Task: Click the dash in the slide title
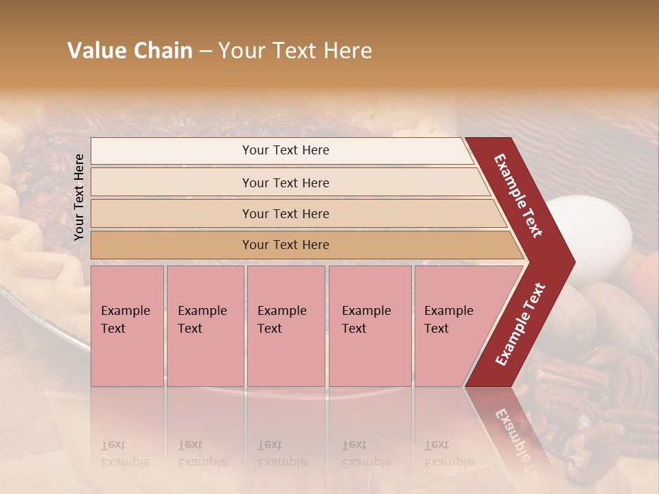(x=205, y=51)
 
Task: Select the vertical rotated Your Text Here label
(x=79, y=197)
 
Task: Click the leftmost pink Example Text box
(x=127, y=325)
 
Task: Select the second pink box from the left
(x=205, y=325)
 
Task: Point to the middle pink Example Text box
(x=286, y=325)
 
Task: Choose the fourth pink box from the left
(x=370, y=325)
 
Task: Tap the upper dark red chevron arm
(x=518, y=195)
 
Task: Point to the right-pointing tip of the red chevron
(x=571, y=262)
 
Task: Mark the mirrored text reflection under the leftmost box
(x=126, y=454)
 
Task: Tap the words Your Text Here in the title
(x=295, y=51)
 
